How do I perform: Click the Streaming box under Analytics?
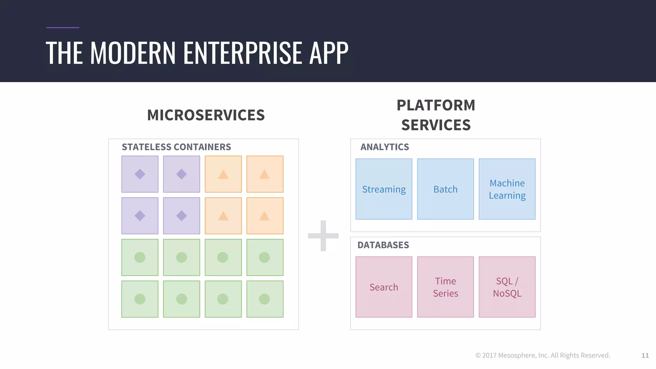point(384,189)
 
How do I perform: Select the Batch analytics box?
point(445,189)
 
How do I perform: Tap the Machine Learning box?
point(507,189)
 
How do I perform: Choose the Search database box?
point(384,287)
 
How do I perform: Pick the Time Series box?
point(445,287)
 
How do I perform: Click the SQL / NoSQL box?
point(507,287)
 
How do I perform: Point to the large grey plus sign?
point(323,236)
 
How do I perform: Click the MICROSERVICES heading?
point(206,115)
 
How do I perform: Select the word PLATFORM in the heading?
point(436,105)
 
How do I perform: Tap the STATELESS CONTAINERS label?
point(176,147)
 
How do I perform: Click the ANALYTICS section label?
point(385,147)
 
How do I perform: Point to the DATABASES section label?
point(383,245)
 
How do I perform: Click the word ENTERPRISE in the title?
point(243,53)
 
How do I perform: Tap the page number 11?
point(645,356)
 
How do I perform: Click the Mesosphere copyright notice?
point(543,355)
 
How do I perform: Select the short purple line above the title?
point(62,28)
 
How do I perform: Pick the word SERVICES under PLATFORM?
point(436,125)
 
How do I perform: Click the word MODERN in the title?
point(133,53)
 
